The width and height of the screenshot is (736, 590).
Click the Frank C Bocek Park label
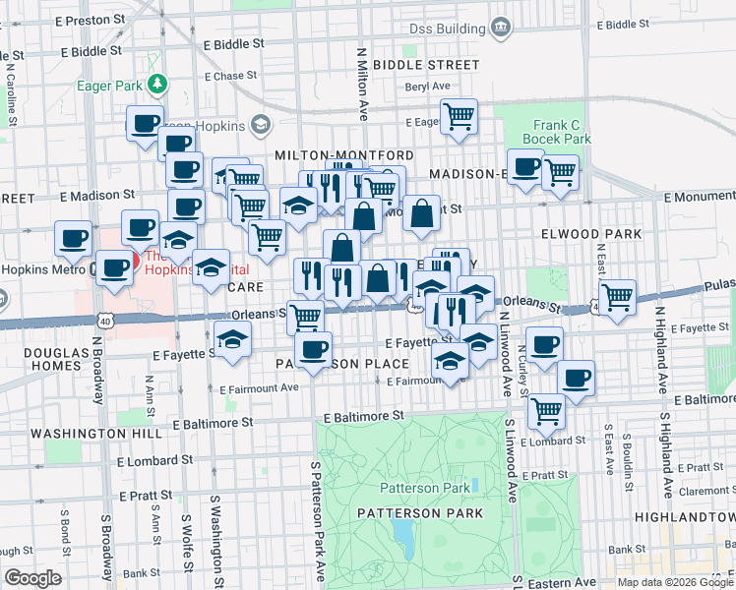pyautogui.click(x=562, y=132)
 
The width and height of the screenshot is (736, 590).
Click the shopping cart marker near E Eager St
pyautogui.click(x=459, y=117)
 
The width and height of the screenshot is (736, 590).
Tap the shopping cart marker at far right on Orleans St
pyautogui.click(x=617, y=296)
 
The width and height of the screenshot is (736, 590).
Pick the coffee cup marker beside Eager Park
pyautogui.click(x=146, y=123)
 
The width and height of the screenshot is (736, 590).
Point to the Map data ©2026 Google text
pyautogui.click(x=675, y=582)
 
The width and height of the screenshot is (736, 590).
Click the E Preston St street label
pyautogui.click(x=92, y=19)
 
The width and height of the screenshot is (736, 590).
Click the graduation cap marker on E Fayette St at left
pyautogui.click(x=232, y=340)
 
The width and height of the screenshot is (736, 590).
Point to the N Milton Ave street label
pyautogui.click(x=363, y=82)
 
